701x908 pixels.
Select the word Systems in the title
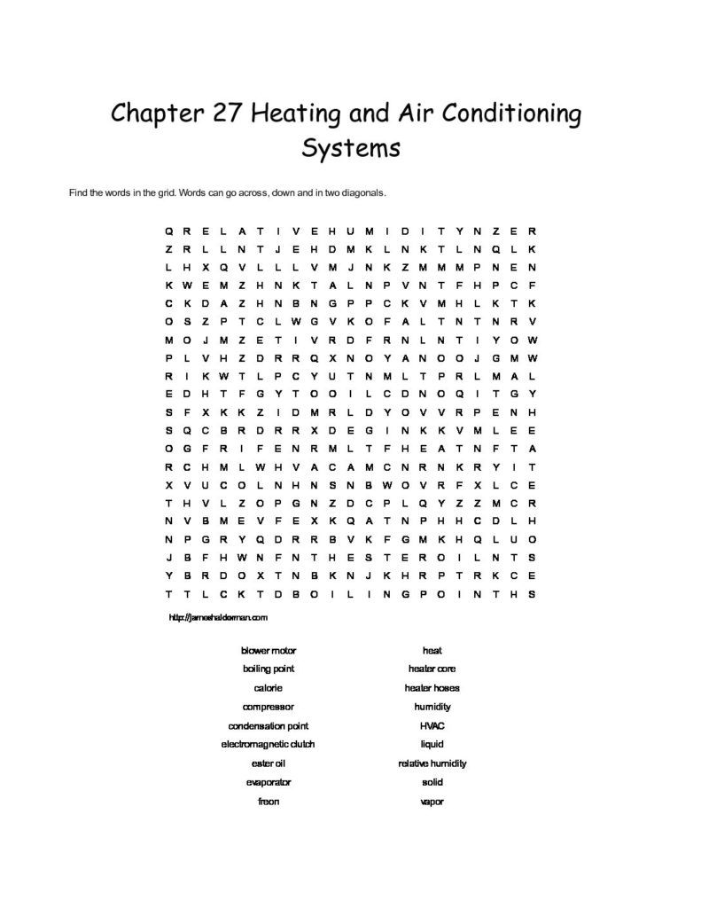351,146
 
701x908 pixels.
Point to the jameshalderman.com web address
217,615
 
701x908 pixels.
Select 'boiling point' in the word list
269,669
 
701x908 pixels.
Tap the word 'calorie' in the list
269,687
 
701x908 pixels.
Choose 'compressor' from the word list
269,707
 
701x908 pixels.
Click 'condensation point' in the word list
269,725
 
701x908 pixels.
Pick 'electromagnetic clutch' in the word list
269,744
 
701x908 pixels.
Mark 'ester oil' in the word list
269,763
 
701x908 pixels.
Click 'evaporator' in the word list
269,782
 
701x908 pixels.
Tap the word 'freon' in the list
269,802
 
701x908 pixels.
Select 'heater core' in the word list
432,669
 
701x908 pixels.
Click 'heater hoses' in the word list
432,687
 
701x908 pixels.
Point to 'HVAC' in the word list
432,725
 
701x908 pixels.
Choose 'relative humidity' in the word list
432,763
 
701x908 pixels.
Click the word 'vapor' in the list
432,802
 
